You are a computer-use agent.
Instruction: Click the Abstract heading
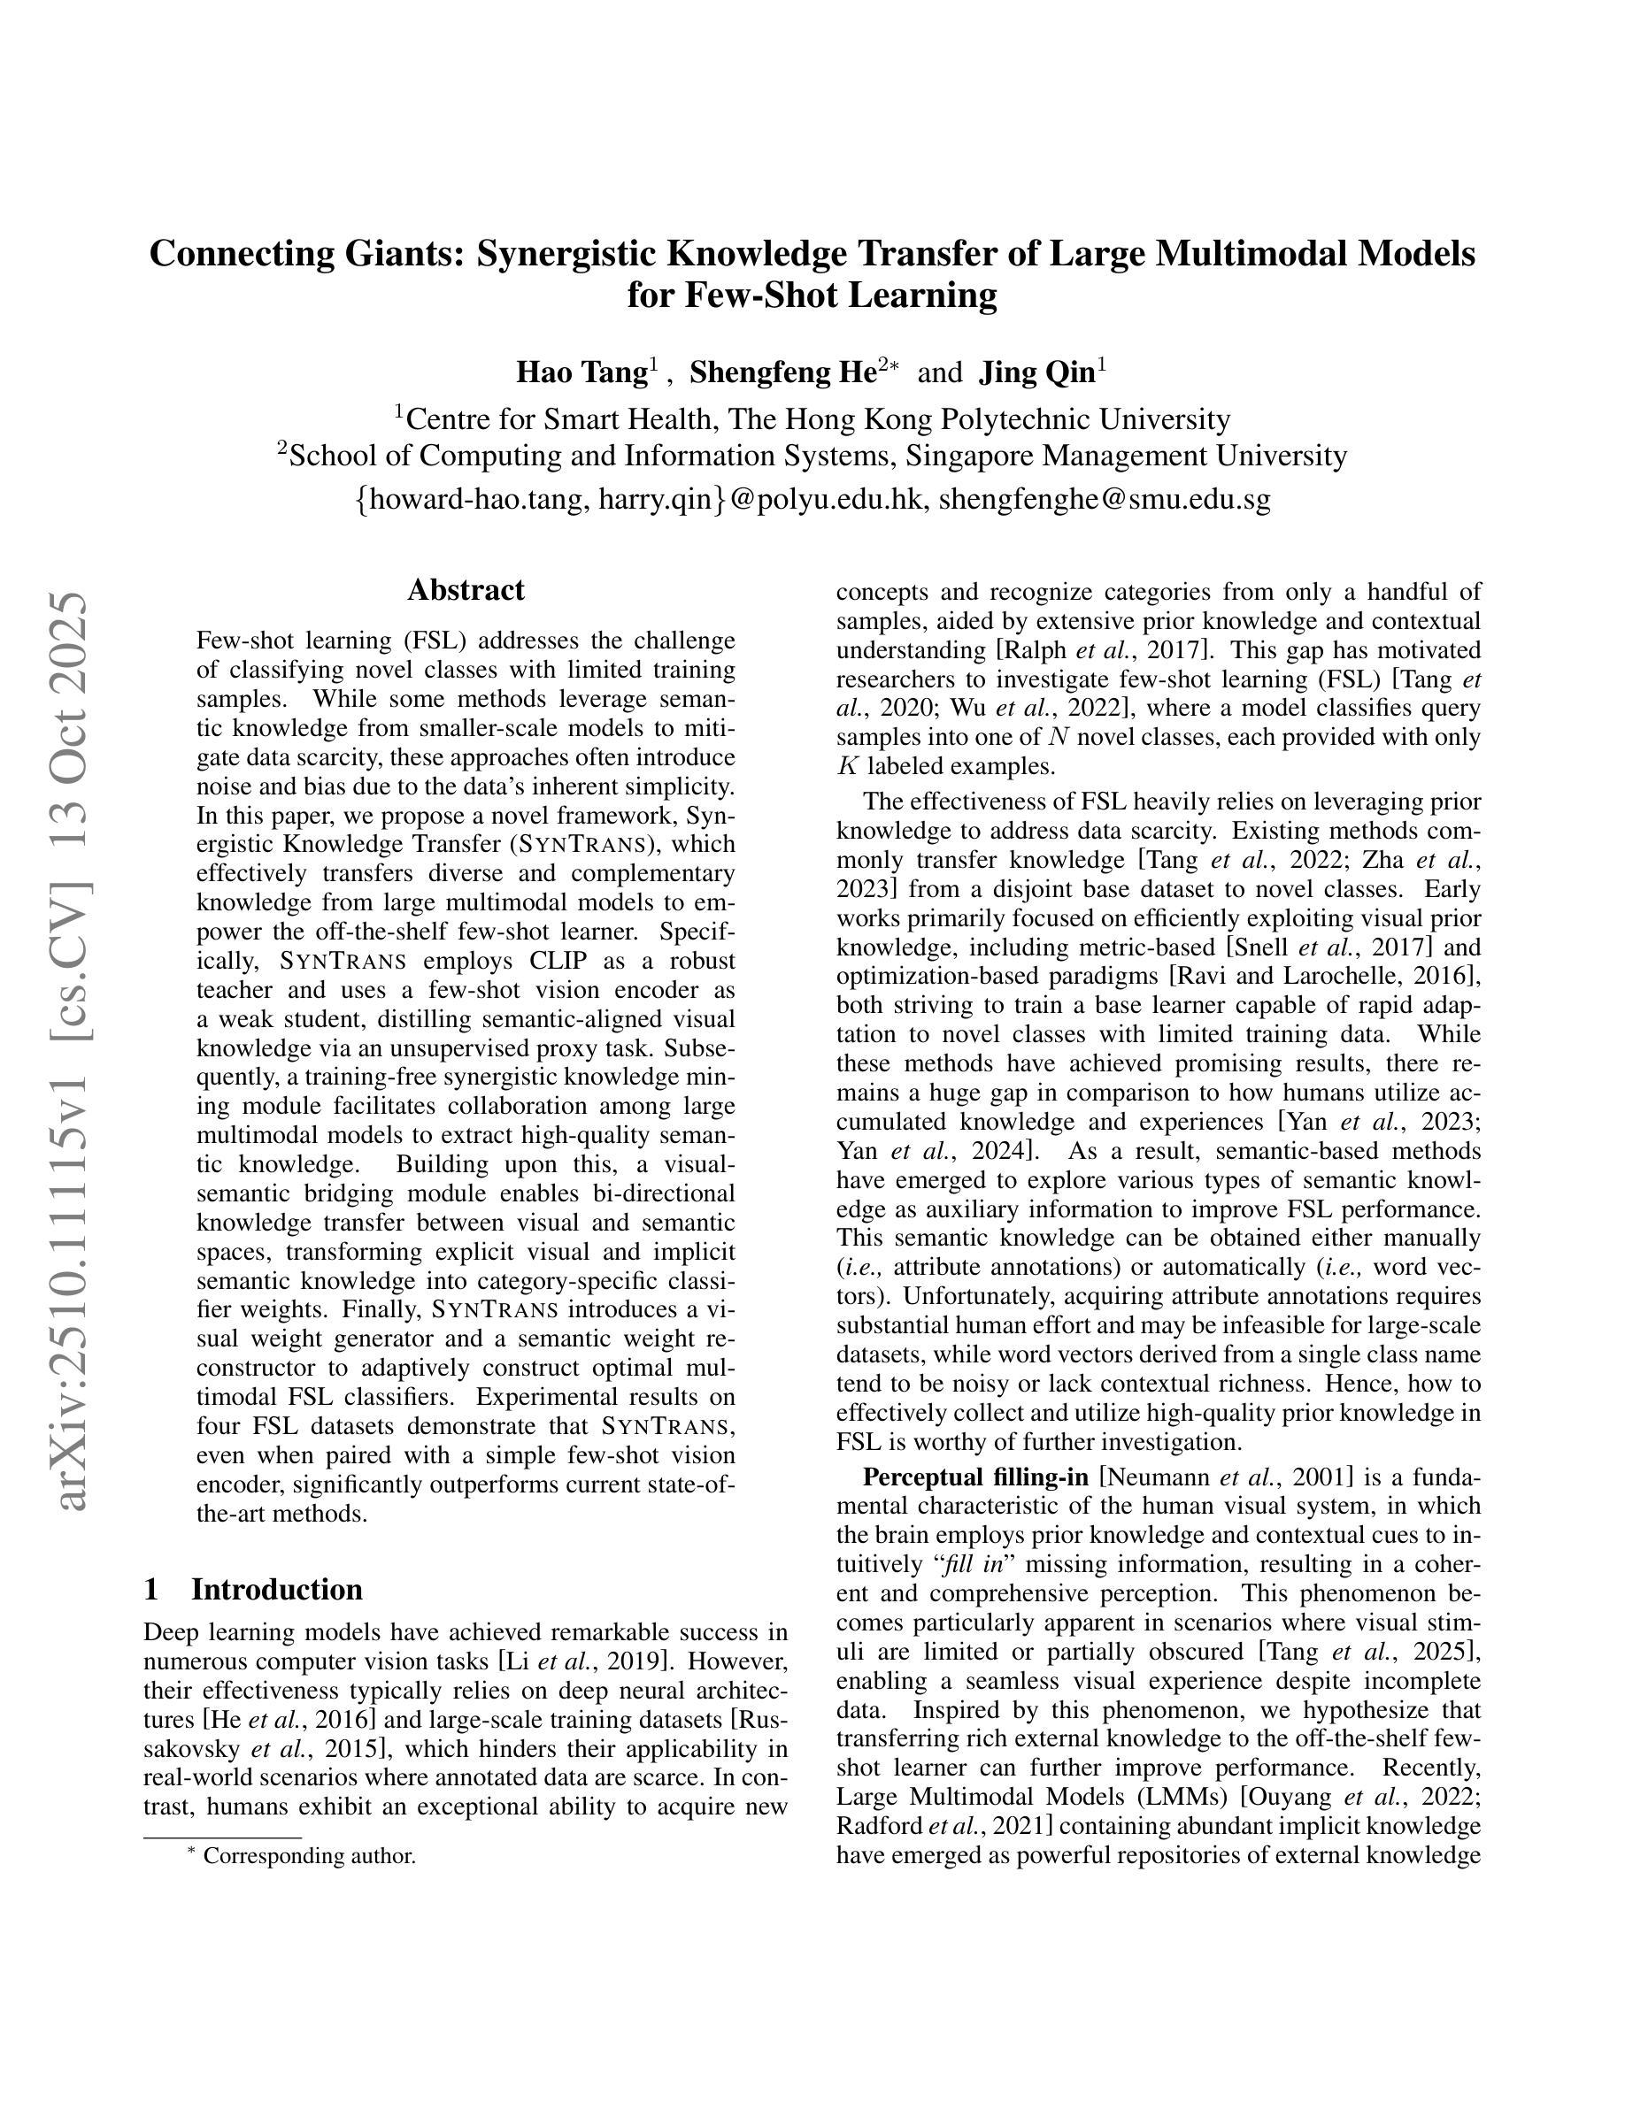coord(465,589)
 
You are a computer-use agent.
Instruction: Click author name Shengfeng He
coord(782,372)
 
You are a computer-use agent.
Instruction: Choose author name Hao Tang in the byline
coord(581,372)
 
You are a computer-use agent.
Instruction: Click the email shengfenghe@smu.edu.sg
coord(1105,499)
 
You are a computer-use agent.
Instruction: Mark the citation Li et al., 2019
coord(589,1661)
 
